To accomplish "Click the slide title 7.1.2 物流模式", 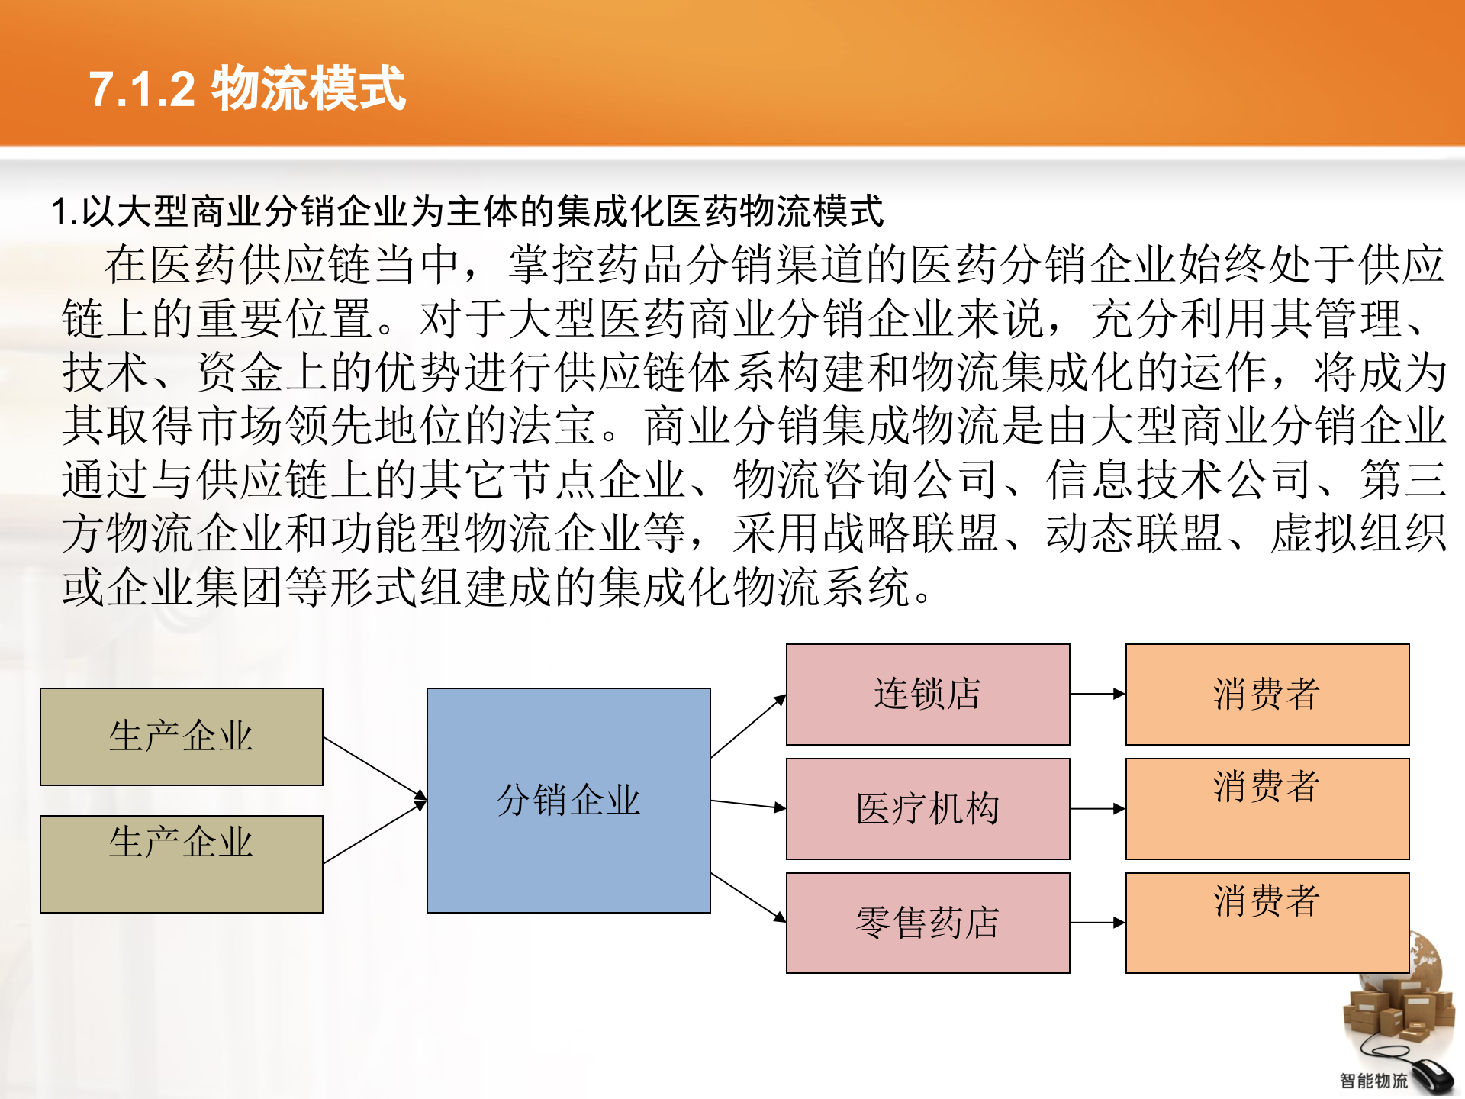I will click(246, 89).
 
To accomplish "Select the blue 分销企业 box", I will click(568, 800).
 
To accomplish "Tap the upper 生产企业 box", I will click(182, 736).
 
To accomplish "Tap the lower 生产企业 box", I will click(182, 864).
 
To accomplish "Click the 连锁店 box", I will click(928, 694).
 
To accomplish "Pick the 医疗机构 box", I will click(928, 808).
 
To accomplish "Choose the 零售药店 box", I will click(928, 923).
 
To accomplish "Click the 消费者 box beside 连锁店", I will click(1267, 694).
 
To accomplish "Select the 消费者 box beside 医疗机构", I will click(1267, 808).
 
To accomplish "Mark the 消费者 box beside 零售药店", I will click(1267, 923).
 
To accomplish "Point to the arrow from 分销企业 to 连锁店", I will click(749, 726).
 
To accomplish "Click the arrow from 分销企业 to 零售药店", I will click(749, 898).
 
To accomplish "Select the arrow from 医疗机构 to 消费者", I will click(1097, 808).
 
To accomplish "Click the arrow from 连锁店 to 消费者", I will click(1097, 694).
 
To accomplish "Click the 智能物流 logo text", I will click(1373, 1081).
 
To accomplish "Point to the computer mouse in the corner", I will click(1431, 1076).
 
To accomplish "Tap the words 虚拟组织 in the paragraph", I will click(1357, 533).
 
